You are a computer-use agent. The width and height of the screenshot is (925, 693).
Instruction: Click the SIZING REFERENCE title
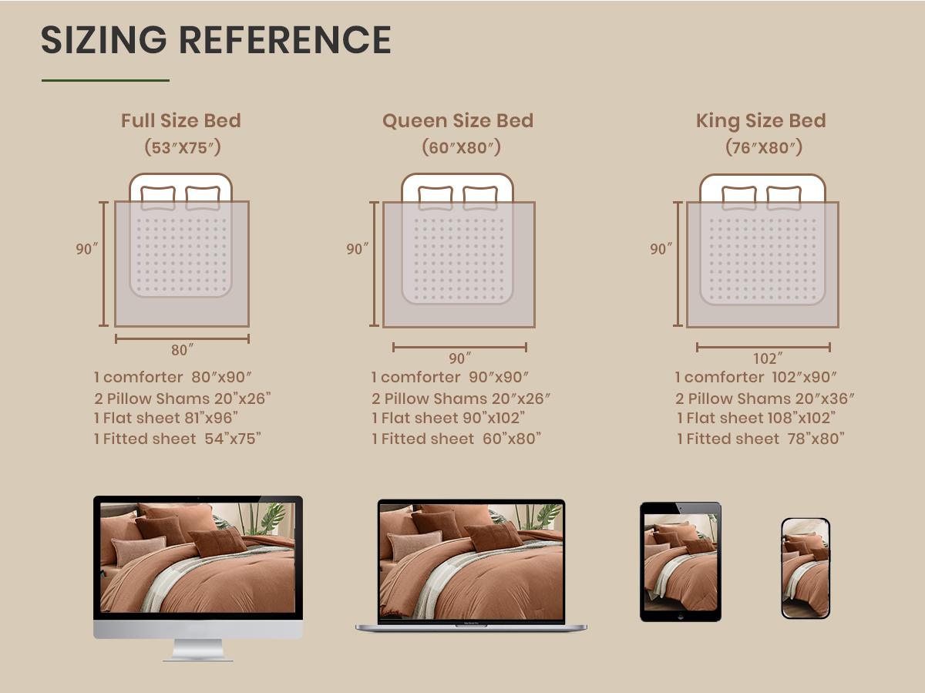[x=216, y=39]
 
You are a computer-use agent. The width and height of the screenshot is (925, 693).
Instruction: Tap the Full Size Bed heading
[x=181, y=120]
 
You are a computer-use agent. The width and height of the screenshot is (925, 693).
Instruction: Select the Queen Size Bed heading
[x=458, y=121]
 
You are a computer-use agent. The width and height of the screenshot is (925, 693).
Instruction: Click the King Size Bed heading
[x=761, y=121]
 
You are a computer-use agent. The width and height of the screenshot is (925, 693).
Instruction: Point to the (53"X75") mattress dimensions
[x=183, y=147]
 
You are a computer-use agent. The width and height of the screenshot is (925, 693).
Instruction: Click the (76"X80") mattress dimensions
[x=764, y=147]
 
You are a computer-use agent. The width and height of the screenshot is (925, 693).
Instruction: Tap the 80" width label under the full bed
[x=182, y=350]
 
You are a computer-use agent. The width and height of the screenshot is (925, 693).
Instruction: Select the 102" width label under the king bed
[x=768, y=358]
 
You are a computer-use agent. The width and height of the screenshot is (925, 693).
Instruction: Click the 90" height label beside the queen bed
[x=357, y=249]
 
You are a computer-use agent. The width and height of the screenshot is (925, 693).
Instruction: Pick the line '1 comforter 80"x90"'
[x=173, y=377]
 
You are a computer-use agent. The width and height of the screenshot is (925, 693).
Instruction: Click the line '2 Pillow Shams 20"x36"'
[x=765, y=399]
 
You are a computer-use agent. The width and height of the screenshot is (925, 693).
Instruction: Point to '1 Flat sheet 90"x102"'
[x=449, y=418]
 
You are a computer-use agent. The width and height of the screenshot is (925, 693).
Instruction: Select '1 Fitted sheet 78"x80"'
[x=761, y=439]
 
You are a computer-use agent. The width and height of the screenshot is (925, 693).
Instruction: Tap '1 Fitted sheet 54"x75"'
[x=177, y=439]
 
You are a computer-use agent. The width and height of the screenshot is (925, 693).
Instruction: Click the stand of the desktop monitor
[x=197, y=650]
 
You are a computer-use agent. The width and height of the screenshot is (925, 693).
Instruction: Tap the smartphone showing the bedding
[x=806, y=569]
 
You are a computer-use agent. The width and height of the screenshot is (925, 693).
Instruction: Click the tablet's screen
[x=681, y=562]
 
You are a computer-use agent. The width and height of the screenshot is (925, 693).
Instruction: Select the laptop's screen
[x=471, y=562]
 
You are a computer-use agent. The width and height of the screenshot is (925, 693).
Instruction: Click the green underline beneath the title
[x=106, y=80]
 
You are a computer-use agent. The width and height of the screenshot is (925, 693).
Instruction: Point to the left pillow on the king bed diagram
[x=739, y=197]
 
